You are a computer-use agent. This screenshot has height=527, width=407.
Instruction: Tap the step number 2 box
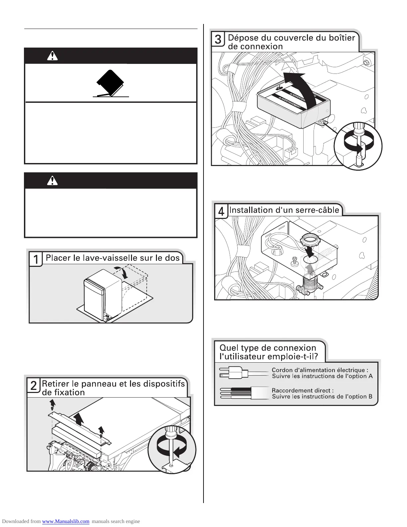pyautogui.click(x=34, y=386)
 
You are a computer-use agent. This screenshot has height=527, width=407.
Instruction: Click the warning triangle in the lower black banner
pyautogui.click(x=52, y=180)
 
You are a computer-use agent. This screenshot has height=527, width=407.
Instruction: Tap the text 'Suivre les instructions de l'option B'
pyautogui.click(x=322, y=397)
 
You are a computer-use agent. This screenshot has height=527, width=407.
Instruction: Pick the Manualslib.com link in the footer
pyautogui.click(x=66, y=521)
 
